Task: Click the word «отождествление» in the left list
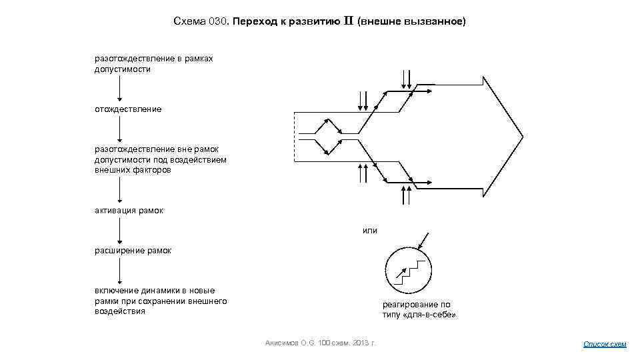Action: [x=127, y=109]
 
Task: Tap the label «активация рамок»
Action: [x=129, y=211]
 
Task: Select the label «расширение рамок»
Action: [x=133, y=251]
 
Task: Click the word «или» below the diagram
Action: [x=369, y=231]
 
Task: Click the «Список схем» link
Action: [x=605, y=344]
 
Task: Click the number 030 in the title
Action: [x=218, y=21]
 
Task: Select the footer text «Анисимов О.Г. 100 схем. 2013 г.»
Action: [x=320, y=343]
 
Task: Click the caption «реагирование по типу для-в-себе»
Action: [x=419, y=309]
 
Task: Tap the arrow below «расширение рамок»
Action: [x=119, y=271]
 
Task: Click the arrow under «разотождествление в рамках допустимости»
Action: [x=119, y=89]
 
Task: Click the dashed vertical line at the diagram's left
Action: [x=295, y=137]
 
